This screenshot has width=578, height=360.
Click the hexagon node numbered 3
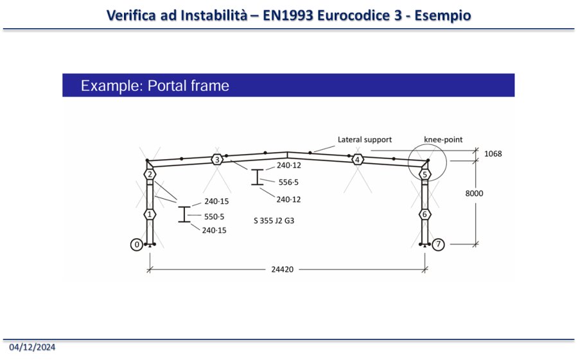(x=218, y=159)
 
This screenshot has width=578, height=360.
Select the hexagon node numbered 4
(x=358, y=159)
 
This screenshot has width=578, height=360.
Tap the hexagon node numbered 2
(x=149, y=175)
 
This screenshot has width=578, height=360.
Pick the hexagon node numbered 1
(x=149, y=214)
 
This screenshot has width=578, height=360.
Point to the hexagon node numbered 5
(x=424, y=175)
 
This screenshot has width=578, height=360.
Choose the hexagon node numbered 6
(x=424, y=214)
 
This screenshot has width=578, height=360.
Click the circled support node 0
(x=136, y=244)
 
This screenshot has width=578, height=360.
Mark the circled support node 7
(x=437, y=244)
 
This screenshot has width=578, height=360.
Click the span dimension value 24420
(x=283, y=270)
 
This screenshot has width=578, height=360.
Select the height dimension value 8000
(x=493, y=193)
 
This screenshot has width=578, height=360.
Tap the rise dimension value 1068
(x=493, y=154)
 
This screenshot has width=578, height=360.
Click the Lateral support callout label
(x=364, y=139)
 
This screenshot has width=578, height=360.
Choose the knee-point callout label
(x=443, y=139)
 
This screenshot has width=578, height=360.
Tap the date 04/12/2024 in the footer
(x=32, y=347)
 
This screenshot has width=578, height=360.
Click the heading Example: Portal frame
(x=155, y=85)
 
